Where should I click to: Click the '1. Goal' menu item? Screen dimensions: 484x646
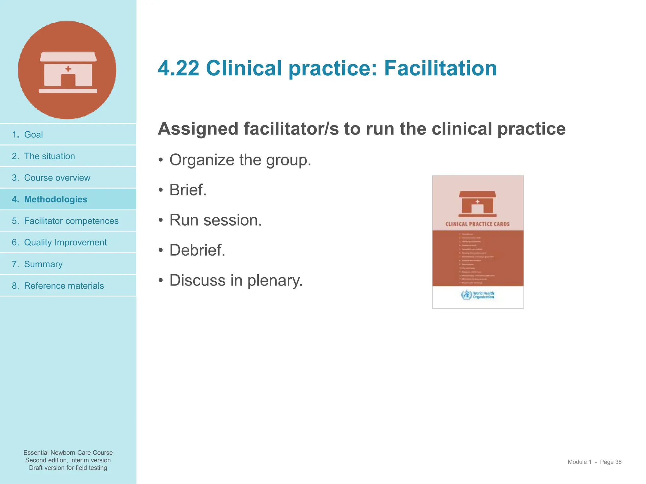tap(27, 135)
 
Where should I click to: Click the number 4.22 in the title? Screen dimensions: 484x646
tap(179, 68)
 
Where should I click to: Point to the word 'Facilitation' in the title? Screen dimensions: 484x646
tap(440, 68)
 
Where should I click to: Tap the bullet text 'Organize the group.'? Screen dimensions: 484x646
tap(240, 160)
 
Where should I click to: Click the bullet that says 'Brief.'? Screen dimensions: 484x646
tap(188, 190)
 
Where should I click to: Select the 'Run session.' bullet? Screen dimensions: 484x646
tap(215, 220)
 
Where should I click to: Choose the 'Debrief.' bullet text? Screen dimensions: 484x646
tap(197, 250)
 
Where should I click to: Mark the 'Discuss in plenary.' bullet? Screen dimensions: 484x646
tap(236, 280)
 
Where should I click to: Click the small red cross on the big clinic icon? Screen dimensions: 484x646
tap(68, 69)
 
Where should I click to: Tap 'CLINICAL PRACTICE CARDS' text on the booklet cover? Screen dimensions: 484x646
tap(477, 224)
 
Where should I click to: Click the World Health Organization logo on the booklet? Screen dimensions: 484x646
tap(477, 295)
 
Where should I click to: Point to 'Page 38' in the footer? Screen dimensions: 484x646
tap(610, 462)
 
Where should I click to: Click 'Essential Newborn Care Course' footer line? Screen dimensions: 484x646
tap(68, 452)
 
